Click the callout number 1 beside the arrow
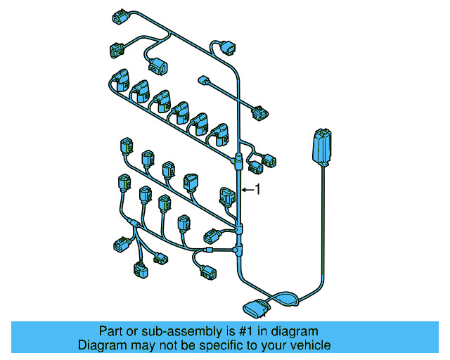tap(257, 189)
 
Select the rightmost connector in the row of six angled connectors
tap(221, 133)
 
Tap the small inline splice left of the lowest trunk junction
tap(210, 250)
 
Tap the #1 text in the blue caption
tap(233, 330)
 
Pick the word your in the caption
tap(276, 345)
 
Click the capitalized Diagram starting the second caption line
tap(101, 345)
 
